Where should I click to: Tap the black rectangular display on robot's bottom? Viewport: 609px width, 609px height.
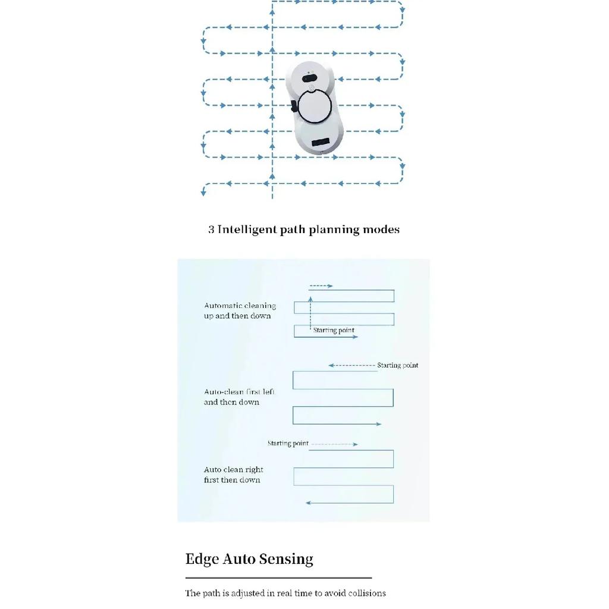coord(321,142)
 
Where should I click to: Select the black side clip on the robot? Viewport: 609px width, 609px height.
coord(294,106)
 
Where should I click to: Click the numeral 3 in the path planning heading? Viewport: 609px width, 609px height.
coord(211,230)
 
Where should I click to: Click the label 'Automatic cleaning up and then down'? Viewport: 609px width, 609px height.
coord(240,310)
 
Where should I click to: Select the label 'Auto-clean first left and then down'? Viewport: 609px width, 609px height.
coord(239,397)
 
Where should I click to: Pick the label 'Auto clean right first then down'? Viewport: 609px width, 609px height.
coord(233,475)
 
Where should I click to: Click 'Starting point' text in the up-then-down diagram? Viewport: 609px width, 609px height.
coord(334,330)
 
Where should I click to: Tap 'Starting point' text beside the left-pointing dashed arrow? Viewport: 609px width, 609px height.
coord(398,365)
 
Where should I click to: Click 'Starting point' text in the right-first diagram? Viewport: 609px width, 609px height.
coord(288,443)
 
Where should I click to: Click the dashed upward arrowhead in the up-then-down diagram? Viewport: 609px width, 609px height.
coord(310,299)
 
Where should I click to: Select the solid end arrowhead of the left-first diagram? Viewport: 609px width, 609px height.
coord(379,424)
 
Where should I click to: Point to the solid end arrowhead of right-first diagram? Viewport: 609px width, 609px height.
coord(309,503)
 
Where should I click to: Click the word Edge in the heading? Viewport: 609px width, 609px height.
coord(202,559)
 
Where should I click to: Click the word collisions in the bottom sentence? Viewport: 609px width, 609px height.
coord(367,593)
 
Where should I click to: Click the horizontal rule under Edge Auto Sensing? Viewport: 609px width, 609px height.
coord(278,578)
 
